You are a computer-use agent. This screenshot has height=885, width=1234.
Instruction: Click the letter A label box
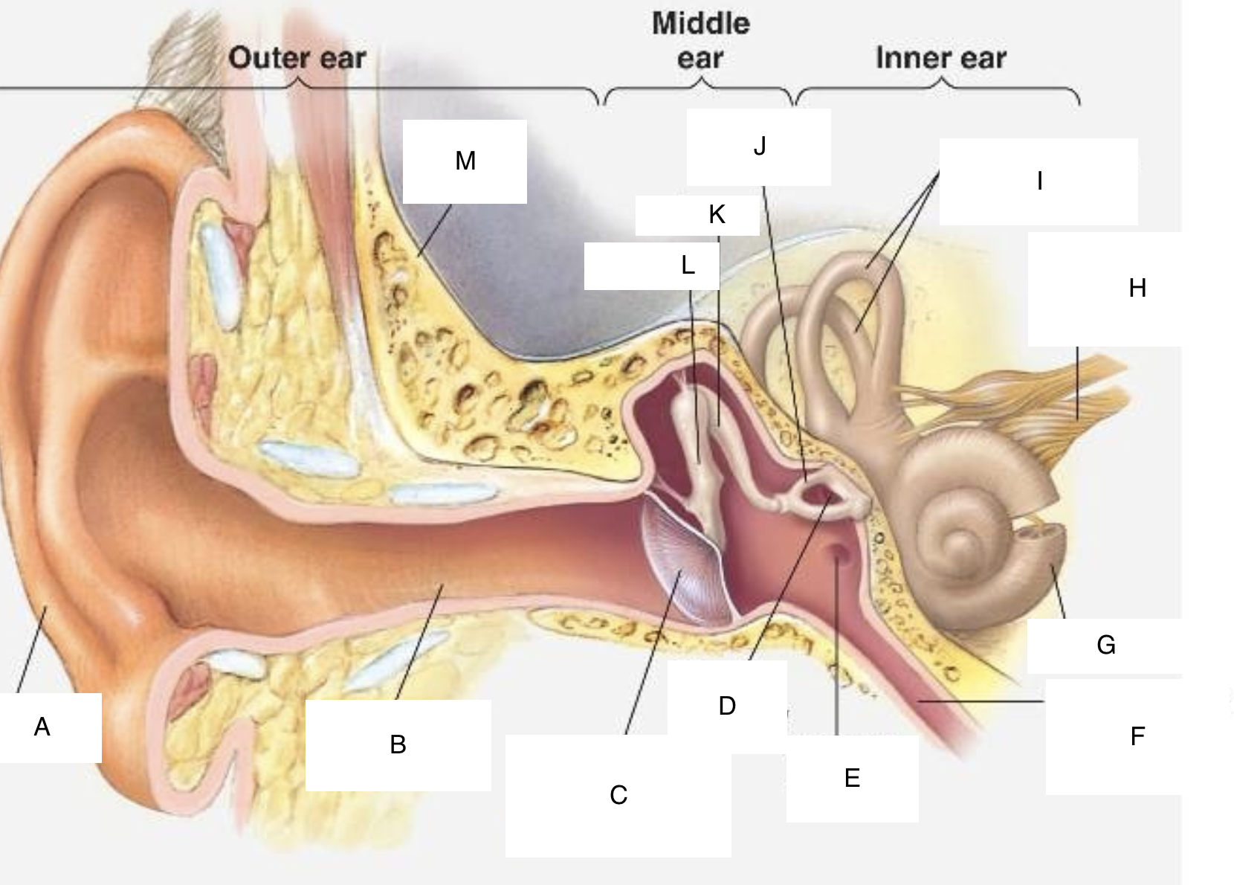click(50, 727)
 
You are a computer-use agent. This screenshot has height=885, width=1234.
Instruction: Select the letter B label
click(398, 745)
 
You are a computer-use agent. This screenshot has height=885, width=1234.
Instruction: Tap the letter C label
click(618, 795)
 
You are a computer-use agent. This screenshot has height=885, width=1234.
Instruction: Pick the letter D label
click(727, 707)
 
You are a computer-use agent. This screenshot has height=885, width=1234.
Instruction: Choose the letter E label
click(852, 778)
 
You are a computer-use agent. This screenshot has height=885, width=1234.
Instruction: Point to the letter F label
click(1138, 737)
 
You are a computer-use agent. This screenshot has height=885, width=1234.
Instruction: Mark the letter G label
click(1106, 646)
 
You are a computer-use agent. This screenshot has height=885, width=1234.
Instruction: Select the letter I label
click(1038, 181)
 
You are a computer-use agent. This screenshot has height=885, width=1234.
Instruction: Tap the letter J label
click(758, 147)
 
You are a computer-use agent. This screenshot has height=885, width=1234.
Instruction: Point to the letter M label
click(465, 161)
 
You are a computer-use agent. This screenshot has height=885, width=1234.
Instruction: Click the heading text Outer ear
click(297, 57)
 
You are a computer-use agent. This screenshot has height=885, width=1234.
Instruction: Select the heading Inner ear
click(941, 57)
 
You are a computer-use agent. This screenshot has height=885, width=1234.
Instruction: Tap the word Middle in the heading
click(701, 24)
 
